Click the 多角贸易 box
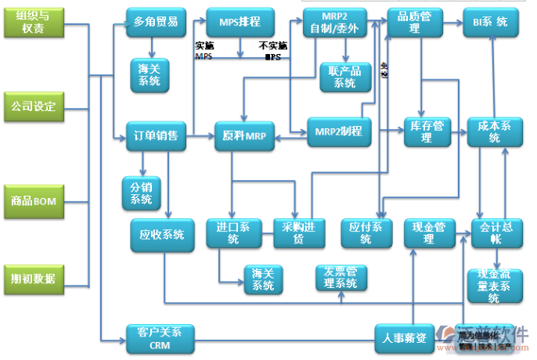[x=155, y=22]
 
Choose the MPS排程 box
[x=240, y=22]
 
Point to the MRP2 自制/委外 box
[x=333, y=23]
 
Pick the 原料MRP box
[x=244, y=136]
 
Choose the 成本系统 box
[x=495, y=131]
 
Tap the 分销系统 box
[x=142, y=193]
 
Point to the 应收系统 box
[x=161, y=234]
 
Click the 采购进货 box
[x=298, y=233]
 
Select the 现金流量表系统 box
[x=494, y=286]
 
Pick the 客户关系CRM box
[x=159, y=337]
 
